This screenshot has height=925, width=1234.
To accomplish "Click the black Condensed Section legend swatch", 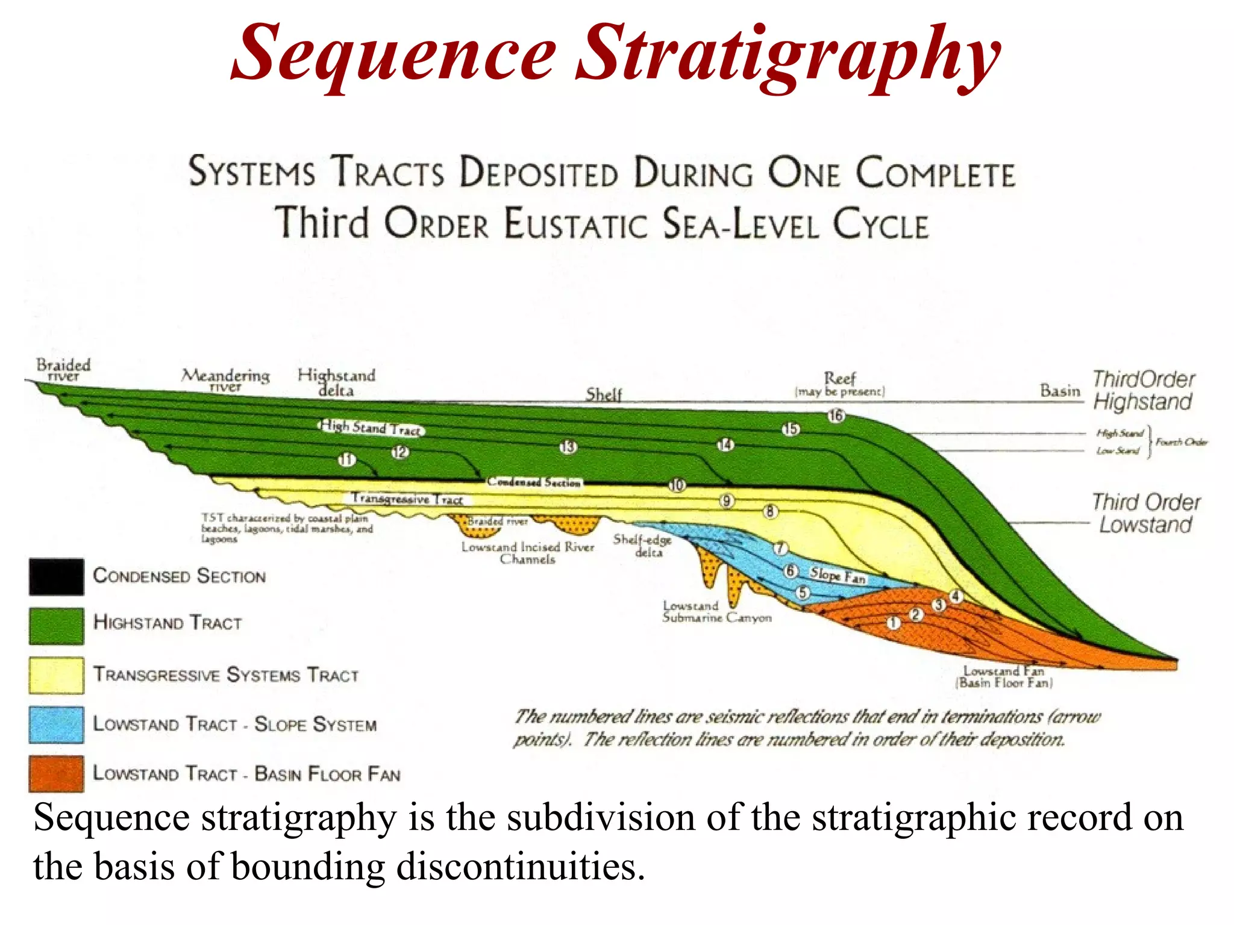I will coord(56,576).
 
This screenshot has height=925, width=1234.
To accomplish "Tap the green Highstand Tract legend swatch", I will coord(56,625).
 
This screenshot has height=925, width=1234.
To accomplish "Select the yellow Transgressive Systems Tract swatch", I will coord(56,675).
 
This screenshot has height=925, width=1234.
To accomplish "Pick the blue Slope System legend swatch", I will coord(56,724).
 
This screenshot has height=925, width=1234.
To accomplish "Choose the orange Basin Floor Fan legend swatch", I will coord(56,773).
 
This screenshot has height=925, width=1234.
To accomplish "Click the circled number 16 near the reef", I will coord(836,416).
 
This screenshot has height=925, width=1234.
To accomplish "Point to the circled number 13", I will coord(568,447).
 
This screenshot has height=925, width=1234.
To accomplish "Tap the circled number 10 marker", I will coord(677,485).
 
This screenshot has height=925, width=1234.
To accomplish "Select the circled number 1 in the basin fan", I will coord(893,623).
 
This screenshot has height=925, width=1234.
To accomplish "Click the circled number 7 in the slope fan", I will coord(780,548).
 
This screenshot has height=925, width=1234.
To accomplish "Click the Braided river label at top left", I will coord(63,370).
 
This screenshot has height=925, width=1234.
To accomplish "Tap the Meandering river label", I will coord(225,380).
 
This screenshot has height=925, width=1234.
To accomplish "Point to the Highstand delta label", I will coord(336,382).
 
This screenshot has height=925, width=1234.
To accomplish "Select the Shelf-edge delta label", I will coord(642,546).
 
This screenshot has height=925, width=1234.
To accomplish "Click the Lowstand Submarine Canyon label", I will coord(716,611).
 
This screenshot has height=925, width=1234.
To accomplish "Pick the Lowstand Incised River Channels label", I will coord(528,553).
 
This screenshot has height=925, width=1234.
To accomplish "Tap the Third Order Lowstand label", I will coord(1146,513).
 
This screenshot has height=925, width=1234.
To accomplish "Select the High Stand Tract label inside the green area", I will coord(371,428).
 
